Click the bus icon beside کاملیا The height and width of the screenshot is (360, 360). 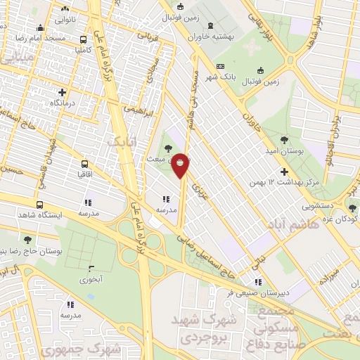coord(84,40)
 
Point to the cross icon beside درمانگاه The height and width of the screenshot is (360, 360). coord(63,92)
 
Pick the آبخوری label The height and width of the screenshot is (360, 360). coord(91,280)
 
